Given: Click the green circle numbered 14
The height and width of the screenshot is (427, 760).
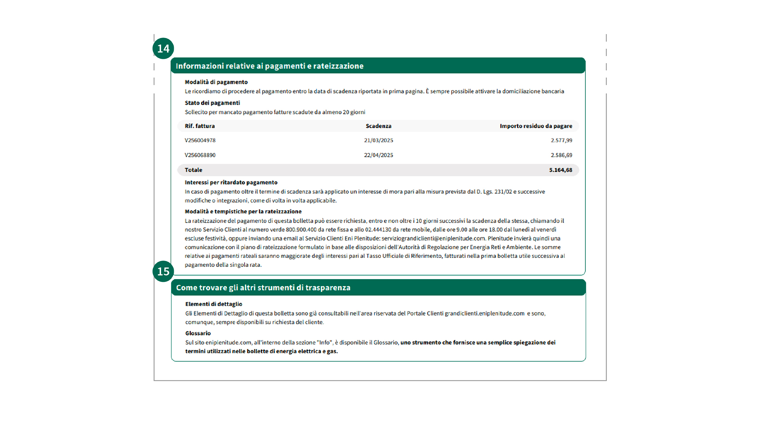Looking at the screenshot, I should (x=163, y=49).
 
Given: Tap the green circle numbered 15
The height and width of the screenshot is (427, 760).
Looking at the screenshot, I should (x=163, y=271).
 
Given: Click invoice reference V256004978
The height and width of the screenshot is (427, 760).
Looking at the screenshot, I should (x=200, y=140).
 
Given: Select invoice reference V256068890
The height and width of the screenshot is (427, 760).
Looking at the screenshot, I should (x=200, y=155).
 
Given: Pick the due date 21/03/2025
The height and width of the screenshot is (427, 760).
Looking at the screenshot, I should (x=378, y=140).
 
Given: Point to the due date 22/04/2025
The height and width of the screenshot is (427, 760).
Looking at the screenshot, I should (x=378, y=155).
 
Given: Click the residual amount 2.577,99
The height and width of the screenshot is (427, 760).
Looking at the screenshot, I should (x=561, y=140).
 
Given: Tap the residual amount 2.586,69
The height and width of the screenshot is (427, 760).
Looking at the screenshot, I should (x=561, y=155).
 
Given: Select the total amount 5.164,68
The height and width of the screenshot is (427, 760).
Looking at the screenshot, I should (x=560, y=170).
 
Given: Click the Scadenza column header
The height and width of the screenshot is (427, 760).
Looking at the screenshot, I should (x=378, y=126).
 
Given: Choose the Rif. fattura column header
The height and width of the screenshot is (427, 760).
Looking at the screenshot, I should (x=199, y=126).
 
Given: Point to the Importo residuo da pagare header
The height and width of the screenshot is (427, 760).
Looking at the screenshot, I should (x=536, y=126).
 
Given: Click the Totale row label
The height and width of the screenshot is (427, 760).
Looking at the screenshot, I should (x=193, y=170).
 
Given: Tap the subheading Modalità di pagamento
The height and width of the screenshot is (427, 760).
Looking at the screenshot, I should (x=216, y=82).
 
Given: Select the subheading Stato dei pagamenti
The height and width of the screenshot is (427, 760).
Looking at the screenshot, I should (x=212, y=103).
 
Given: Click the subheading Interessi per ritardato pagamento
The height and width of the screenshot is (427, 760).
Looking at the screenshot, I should (x=231, y=182).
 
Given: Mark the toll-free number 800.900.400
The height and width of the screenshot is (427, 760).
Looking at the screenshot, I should (x=301, y=230).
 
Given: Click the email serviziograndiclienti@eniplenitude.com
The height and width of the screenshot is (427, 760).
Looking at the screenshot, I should (x=433, y=238).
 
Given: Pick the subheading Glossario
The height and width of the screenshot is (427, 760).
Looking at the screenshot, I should (x=198, y=333).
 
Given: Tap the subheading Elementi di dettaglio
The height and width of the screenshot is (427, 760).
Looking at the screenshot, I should (x=213, y=304).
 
